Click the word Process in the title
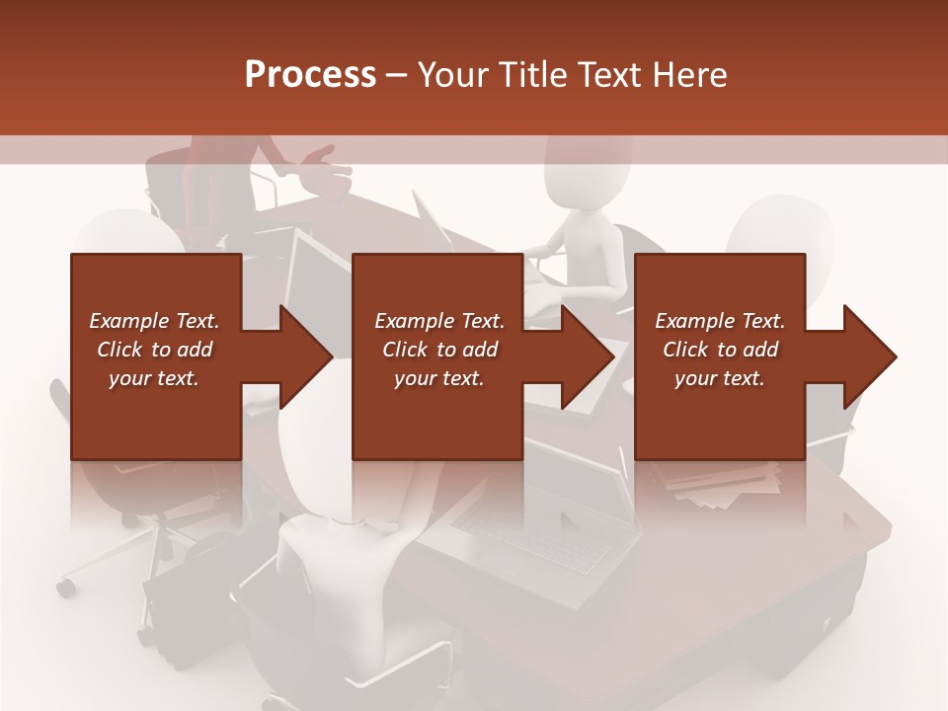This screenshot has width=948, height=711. click(x=310, y=75)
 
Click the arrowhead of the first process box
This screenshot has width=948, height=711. click(x=306, y=356)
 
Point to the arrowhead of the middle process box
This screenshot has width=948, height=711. click(x=588, y=356)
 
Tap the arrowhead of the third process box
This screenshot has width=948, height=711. click(x=870, y=356)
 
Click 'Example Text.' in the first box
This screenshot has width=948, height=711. click(x=154, y=321)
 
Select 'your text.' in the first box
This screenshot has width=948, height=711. click(x=154, y=378)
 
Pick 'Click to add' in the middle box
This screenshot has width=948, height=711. click(x=439, y=350)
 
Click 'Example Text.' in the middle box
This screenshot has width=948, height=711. click(x=439, y=321)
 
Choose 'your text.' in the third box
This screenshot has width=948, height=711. click(x=720, y=378)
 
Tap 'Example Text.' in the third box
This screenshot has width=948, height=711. click(x=720, y=321)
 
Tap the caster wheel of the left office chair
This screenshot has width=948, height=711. click(x=66, y=588)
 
